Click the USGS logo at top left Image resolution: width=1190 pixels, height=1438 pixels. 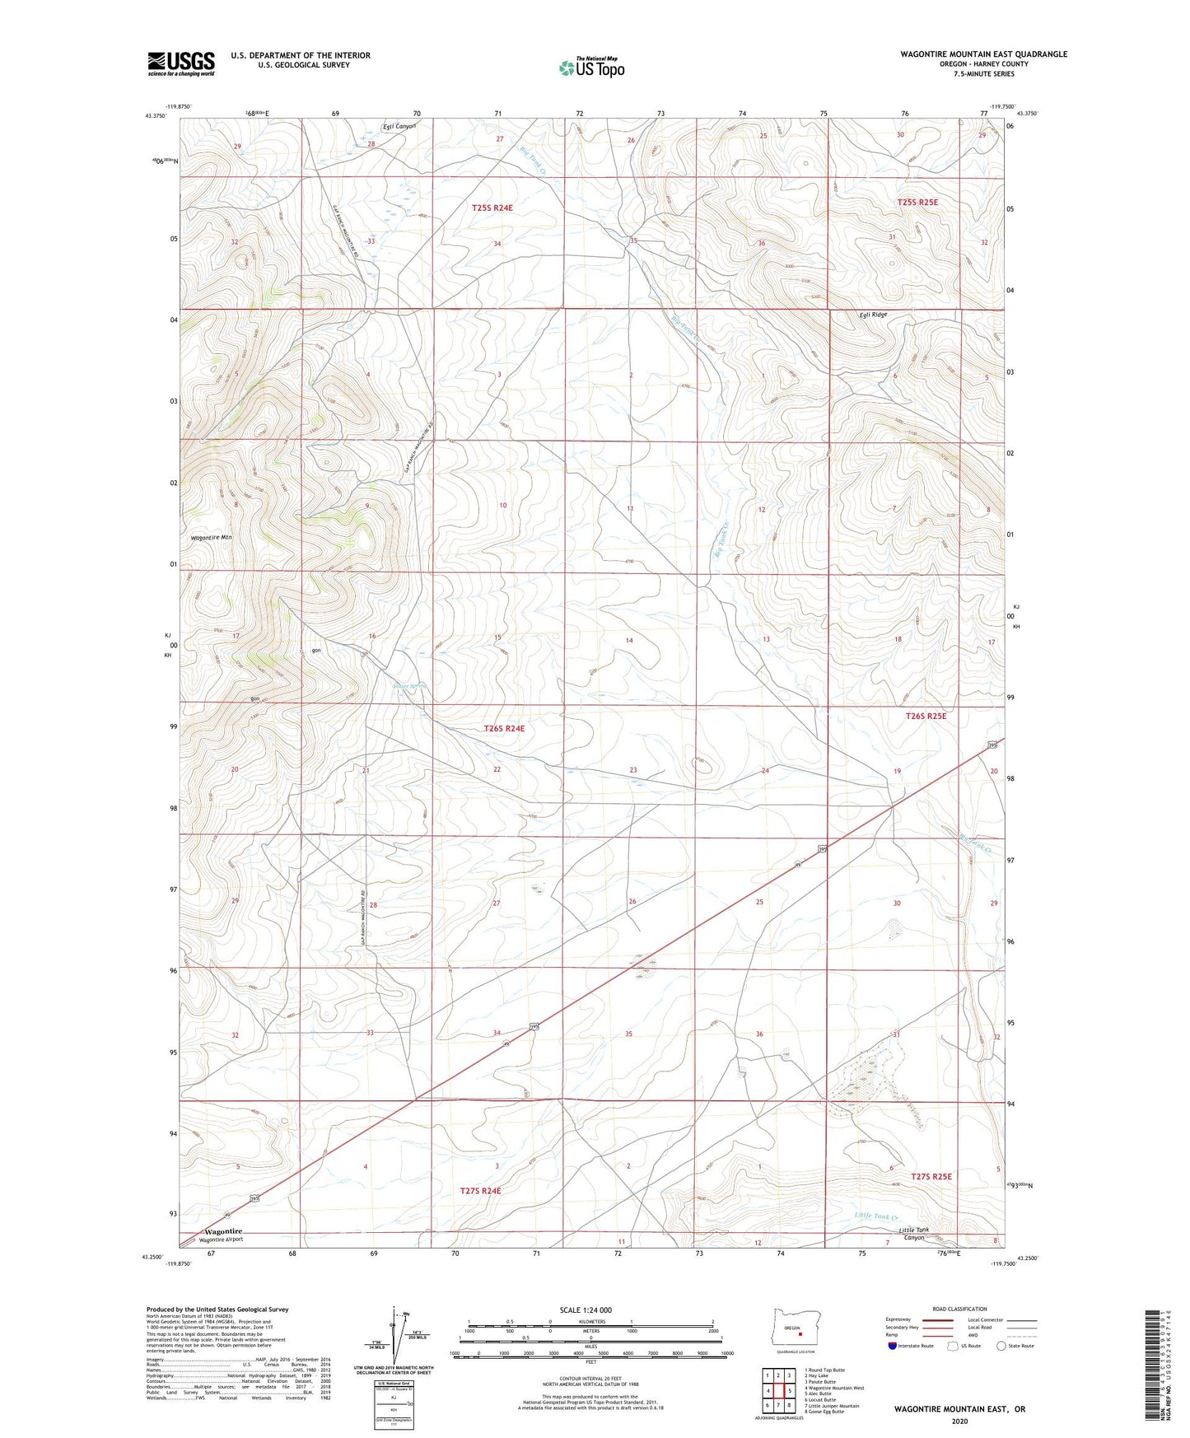[x=180, y=63]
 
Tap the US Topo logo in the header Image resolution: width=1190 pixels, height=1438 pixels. [x=590, y=67]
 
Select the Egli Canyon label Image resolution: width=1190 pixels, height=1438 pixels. [x=399, y=126]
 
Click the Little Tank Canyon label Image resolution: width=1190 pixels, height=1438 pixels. [x=916, y=1234]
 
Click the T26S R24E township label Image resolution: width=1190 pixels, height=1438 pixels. [x=503, y=728]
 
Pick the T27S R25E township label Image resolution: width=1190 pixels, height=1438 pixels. [x=931, y=1176]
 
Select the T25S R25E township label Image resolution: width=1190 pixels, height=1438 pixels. [x=917, y=202]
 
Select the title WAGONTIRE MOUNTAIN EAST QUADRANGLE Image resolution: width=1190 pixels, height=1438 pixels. [x=983, y=54]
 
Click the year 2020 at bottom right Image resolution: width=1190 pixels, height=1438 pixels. [x=959, y=1421]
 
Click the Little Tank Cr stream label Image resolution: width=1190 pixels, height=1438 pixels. [x=875, y=1216]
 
